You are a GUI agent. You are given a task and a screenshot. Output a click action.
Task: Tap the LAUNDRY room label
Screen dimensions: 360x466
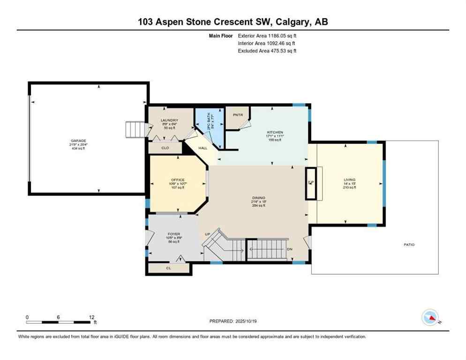[x=169, y=120]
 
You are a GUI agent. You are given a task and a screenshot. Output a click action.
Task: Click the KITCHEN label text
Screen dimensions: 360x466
[x=275, y=132]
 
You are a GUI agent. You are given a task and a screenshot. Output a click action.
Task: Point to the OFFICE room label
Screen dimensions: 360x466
[x=178, y=180]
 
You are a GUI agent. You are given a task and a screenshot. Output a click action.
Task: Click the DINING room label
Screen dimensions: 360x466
[x=258, y=198]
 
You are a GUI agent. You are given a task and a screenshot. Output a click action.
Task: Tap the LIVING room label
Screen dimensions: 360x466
[x=349, y=180]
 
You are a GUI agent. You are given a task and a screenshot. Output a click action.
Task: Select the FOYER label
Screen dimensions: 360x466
[x=174, y=234]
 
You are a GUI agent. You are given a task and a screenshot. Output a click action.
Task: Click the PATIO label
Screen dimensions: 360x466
[x=409, y=245]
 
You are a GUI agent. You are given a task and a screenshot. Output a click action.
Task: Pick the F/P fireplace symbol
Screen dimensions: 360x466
[x=310, y=183]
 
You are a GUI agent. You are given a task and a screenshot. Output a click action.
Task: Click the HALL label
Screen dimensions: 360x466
[x=203, y=148]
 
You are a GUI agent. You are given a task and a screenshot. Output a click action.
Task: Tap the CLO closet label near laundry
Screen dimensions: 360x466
[x=165, y=148]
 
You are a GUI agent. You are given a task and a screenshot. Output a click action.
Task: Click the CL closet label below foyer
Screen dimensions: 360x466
[x=168, y=269]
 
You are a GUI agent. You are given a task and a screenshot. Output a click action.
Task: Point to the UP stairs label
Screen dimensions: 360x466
[x=207, y=234]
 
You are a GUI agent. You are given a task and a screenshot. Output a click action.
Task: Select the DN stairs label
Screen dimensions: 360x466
[x=289, y=249]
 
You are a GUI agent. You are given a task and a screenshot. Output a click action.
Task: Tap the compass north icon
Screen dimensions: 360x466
[x=429, y=318]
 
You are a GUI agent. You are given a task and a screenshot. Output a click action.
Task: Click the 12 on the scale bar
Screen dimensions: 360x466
[x=91, y=317]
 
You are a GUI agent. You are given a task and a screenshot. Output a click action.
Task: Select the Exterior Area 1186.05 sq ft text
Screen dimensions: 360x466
[x=267, y=35]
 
